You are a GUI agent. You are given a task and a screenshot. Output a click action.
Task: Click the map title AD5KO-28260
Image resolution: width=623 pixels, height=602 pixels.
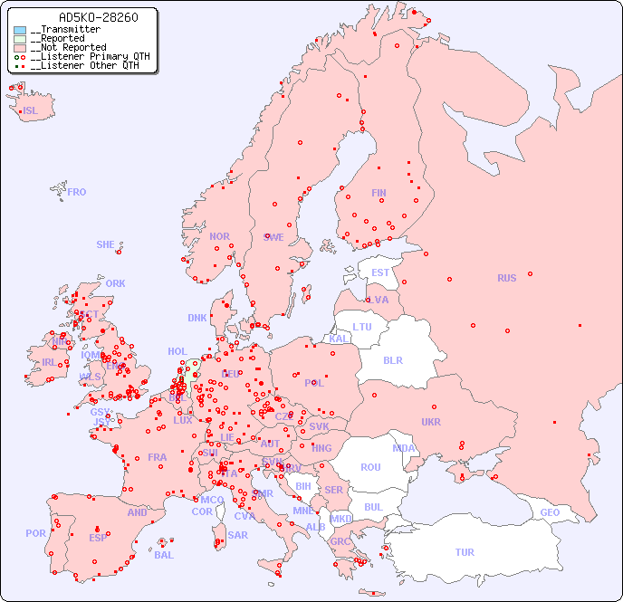coord(85,17)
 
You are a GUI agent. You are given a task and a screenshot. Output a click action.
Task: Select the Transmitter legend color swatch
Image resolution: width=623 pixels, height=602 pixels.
coord(20,30)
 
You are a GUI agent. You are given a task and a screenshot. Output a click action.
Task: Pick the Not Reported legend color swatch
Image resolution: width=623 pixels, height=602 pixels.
coord(20,48)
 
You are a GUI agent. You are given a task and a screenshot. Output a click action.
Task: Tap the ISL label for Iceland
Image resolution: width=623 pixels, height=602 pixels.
coord(31,111)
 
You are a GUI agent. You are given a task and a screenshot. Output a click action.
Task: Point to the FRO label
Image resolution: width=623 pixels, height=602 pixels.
coord(77,192)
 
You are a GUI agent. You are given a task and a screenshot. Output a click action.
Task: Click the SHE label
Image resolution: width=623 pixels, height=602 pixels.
coord(105,244)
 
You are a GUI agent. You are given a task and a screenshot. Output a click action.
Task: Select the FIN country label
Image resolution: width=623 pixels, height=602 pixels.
coord(379,193)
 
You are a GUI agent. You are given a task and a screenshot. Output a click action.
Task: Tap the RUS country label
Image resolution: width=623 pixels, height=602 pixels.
coord(506,278)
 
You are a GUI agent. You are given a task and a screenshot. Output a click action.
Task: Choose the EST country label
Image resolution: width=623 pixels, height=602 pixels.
coord(380,272)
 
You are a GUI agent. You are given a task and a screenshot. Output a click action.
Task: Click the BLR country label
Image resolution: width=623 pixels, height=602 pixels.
coord(392,359)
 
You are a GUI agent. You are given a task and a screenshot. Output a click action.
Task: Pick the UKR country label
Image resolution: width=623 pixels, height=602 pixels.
coord(431,422)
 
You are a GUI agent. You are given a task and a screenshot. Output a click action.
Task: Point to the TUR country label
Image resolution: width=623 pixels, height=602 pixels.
coord(465,552)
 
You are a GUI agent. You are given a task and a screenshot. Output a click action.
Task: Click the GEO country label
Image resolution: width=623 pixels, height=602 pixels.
coord(550,512)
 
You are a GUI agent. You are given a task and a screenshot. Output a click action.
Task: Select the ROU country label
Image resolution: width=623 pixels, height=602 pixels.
coord(370,467)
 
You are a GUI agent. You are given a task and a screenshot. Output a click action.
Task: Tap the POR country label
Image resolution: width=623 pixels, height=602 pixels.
coord(35,533)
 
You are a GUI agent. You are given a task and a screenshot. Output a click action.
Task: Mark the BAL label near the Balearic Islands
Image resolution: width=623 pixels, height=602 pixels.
coord(164,555)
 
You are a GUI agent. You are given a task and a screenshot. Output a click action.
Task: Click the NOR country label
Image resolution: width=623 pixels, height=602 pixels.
coord(219,236)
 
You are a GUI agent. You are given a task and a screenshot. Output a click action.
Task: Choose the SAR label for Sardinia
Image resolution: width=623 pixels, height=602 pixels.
coord(237,534)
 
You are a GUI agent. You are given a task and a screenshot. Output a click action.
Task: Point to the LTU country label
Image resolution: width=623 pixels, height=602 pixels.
coord(362,327)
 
